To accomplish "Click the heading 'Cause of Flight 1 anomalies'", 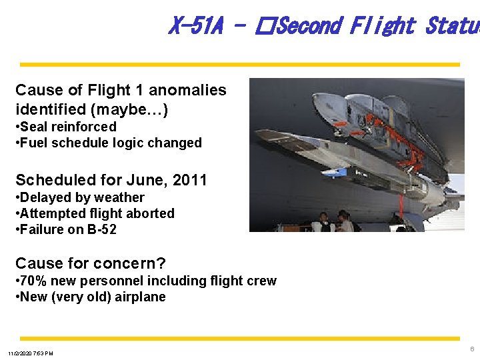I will click(x=121, y=90).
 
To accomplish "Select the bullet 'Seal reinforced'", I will click(x=68, y=127).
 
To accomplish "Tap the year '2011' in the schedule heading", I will click(x=190, y=180).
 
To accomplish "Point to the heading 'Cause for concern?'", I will click(x=90, y=263).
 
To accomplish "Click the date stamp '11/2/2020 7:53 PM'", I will click(x=31, y=353).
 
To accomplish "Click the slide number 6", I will click(x=472, y=349).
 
